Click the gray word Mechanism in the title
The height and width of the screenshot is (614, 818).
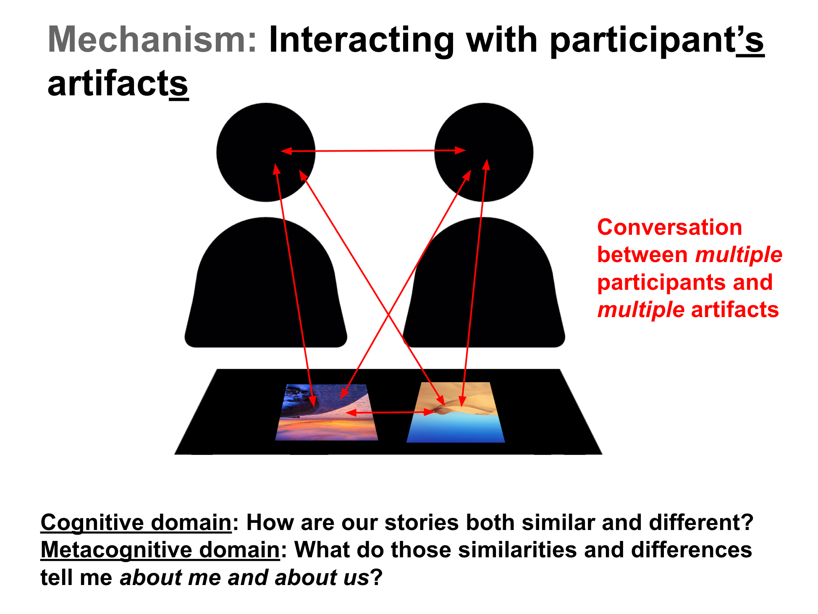pyautogui.click(x=152, y=39)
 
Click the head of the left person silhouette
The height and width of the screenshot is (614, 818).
pyautogui.click(x=266, y=152)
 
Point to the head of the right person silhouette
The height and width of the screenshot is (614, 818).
pyautogui.click(x=484, y=152)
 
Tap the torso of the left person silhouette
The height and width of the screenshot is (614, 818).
pyautogui.click(x=266, y=282)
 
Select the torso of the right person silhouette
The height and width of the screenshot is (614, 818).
pyautogui.click(x=484, y=282)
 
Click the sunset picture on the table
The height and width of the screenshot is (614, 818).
pyautogui.click(x=327, y=412)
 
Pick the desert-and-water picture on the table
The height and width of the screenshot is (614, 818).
pyautogui.click(x=456, y=412)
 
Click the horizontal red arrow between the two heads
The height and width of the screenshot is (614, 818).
pyautogui.click(x=373, y=150)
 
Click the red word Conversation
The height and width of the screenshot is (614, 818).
pyautogui.click(x=670, y=228)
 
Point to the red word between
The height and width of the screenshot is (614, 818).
pyautogui.click(x=642, y=255)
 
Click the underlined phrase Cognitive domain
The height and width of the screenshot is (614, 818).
pyautogui.click(x=136, y=523)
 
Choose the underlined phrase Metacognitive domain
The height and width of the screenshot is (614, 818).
pyautogui.click(x=160, y=550)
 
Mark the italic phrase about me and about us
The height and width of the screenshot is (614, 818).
pyautogui.click(x=244, y=577)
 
